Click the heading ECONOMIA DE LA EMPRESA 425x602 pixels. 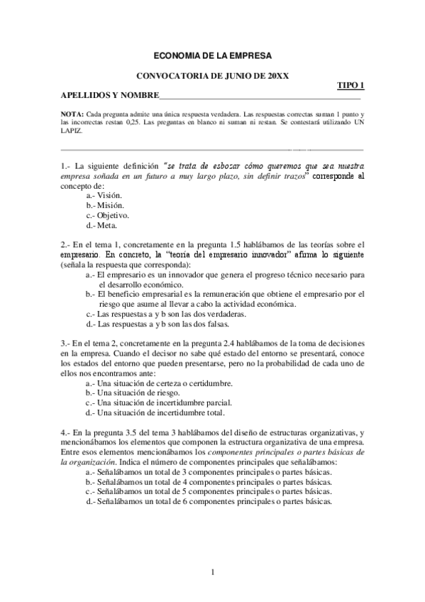(212, 55)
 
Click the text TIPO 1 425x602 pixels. (351, 85)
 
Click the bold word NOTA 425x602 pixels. (71, 114)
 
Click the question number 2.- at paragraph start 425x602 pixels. (65, 244)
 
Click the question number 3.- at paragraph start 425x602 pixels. (65, 343)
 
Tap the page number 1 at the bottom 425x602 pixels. (213, 572)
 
